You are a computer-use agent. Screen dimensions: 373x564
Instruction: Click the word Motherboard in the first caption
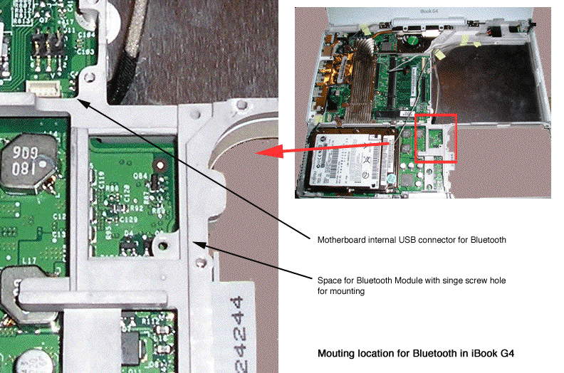(341, 240)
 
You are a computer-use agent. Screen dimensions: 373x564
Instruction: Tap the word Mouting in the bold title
(335, 353)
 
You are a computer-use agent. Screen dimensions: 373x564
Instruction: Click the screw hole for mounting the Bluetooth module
(164, 246)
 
